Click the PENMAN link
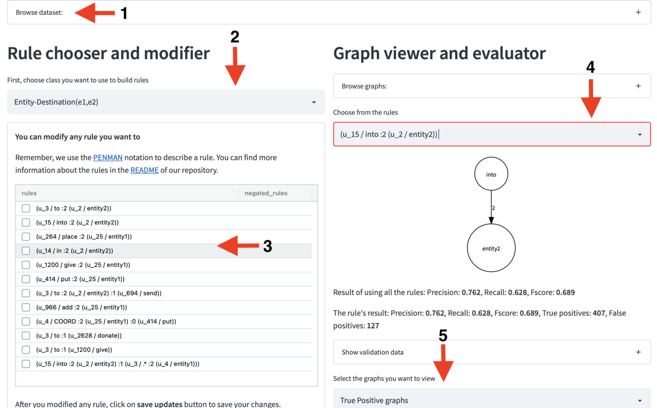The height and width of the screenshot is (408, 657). (107, 158)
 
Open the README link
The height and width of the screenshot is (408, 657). (145, 170)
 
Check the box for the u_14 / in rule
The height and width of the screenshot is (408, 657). (26, 250)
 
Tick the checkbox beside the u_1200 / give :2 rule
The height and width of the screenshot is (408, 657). (26, 265)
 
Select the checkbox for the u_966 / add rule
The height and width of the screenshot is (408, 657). (26, 307)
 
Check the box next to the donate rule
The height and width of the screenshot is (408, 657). (26, 336)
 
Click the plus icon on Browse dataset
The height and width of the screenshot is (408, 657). (638, 12)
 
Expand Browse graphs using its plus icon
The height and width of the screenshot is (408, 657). (638, 86)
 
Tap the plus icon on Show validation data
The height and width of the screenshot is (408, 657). (638, 352)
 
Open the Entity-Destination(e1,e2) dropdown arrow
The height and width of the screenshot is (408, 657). (314, 102)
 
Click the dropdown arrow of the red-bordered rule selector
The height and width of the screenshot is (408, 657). (640, 135)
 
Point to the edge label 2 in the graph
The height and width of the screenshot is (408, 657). (493, 208)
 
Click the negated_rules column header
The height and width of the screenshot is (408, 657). (266, 193)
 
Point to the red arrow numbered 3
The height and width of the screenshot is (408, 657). (238, 246)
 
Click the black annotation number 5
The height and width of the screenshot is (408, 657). (443, 335)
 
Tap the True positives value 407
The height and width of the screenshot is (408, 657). (599, 313)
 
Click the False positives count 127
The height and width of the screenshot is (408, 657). (373, 326)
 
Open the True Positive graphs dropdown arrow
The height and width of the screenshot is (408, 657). (640, 400)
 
